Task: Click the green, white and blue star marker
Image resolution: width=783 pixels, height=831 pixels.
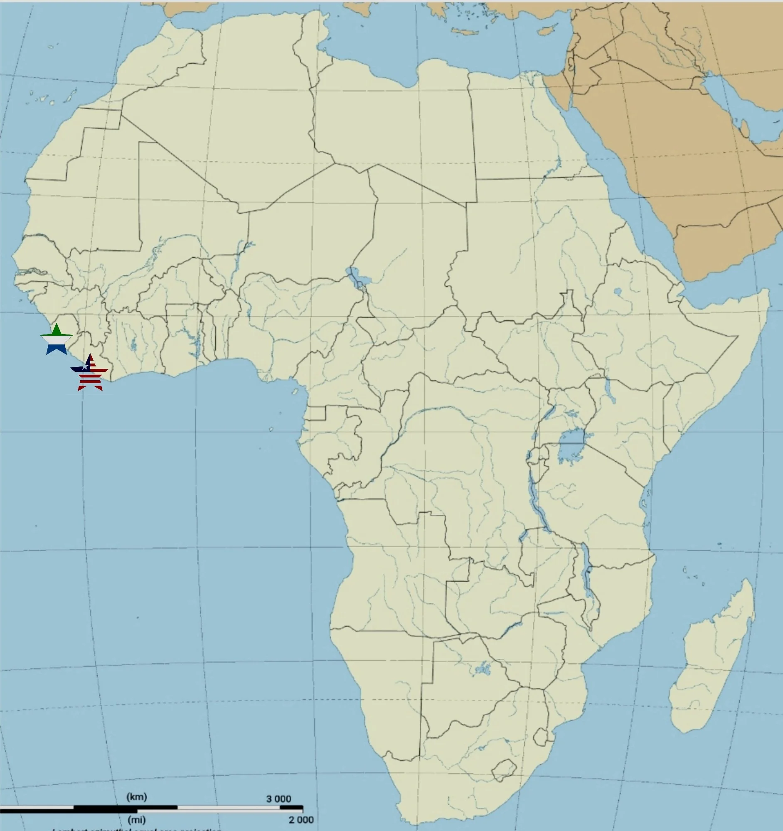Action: click(x=57, y=340)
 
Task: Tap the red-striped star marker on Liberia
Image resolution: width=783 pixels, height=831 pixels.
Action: click(x=89, y=374)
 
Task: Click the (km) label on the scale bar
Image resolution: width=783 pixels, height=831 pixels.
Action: click(x=137, y=797)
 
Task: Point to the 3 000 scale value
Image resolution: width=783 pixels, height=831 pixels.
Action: click(x=278, y=799)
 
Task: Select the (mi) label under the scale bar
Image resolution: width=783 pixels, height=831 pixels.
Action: click(x=137, y=820)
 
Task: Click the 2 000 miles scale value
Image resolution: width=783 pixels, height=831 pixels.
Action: click(x=300, y=820)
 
